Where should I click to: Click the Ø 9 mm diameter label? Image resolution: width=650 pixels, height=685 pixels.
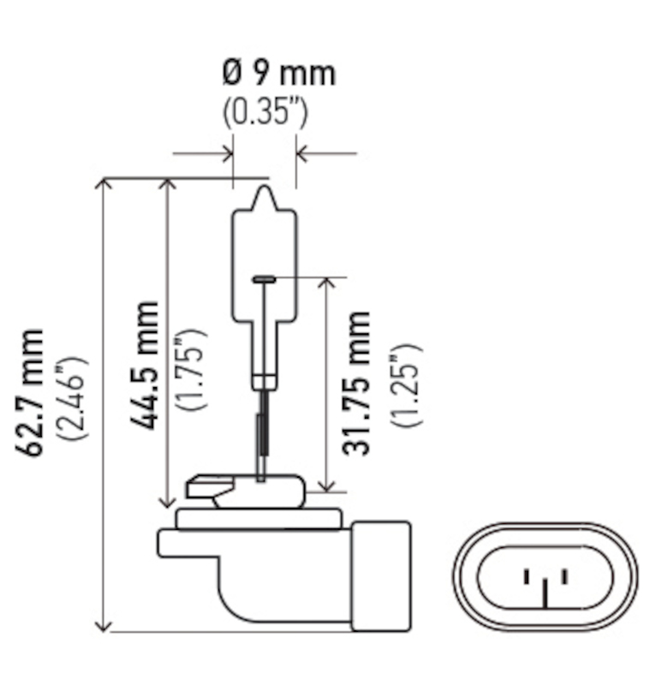279,73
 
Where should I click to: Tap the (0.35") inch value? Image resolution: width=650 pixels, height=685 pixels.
265,112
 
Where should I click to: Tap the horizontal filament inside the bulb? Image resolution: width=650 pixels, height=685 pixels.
264,278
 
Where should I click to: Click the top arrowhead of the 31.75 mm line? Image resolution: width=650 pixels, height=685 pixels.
327,283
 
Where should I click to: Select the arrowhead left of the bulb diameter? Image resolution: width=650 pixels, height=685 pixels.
227,154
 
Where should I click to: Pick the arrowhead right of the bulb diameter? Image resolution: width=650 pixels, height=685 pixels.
302,154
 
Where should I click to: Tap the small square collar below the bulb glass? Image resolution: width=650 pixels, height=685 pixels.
264,379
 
